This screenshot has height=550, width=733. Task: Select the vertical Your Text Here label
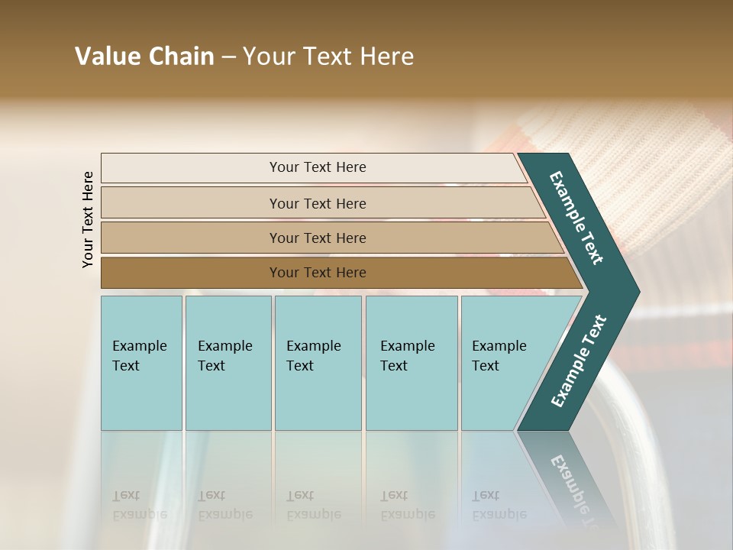pos(88,219)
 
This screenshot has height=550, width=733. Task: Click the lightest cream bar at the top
pos(317,167)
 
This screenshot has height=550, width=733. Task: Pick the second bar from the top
pos(317,203)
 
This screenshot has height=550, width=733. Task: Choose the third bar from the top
pos(317,238)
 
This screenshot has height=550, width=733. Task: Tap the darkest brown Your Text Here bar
pos(317,273)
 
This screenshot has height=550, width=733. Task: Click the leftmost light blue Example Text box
pos(141,363)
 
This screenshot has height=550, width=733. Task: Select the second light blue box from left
pos(228,363)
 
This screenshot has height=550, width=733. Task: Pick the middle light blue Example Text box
pos(318,363)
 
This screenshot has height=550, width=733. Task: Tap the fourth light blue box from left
pos(411,363)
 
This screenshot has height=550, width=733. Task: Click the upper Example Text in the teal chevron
pos(576,218)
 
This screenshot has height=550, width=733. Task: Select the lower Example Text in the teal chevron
pos(579,361)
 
